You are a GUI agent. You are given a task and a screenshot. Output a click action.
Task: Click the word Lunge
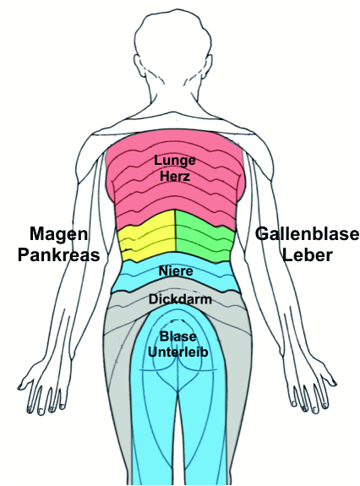pos(175,161)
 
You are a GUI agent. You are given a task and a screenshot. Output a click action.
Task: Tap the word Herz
pos(175,177)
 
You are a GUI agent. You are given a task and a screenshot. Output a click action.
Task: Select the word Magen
pos(58,234)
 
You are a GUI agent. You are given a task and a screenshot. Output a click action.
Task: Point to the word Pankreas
pos(58,255)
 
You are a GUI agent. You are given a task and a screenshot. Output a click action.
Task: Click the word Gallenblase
pos(308,234)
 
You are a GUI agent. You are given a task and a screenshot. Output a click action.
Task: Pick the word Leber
pos(308,255)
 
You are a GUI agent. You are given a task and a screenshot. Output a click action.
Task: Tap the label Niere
pos(176,271)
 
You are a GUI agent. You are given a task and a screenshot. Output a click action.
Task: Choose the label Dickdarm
pos(180,299)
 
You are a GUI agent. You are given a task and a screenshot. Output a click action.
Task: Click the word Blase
pos(177,336)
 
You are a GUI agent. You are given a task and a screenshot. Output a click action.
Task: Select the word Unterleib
pos(177,352)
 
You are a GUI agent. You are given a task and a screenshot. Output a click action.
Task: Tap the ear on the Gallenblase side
pos(209,64)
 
